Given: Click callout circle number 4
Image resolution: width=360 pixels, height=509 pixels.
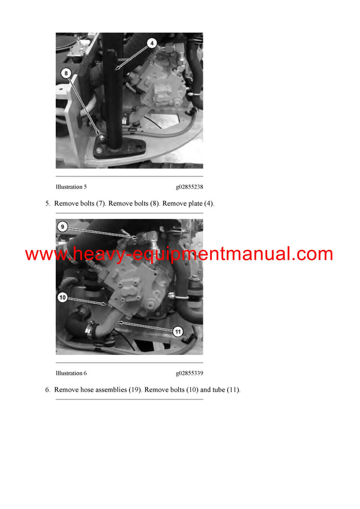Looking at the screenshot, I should [152, 43].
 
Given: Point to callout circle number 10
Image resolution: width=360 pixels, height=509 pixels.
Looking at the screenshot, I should [62, 297].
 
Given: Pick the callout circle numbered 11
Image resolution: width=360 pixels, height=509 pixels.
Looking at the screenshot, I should [177, 331].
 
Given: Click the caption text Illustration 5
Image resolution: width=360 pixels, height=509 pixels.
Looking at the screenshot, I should [71, 187].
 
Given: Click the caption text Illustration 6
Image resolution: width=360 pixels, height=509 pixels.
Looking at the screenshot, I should [71, 373].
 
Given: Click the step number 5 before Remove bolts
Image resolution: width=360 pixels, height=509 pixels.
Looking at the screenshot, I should [47, 204].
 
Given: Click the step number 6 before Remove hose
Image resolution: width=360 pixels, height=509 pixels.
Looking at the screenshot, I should [47, 390].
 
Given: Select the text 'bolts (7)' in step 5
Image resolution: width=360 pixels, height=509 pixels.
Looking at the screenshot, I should [93, 204].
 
